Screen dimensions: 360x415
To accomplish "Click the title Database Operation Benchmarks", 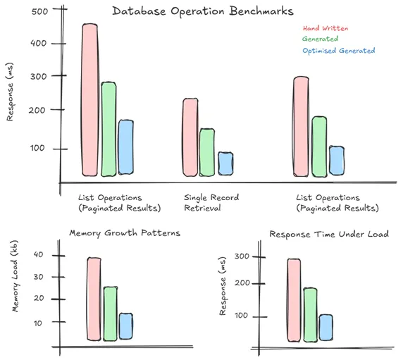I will point(203,12).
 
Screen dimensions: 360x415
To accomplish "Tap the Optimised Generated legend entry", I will point(337,51).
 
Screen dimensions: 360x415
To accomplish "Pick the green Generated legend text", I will point(319,39).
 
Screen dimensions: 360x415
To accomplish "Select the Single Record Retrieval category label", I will point(211,203).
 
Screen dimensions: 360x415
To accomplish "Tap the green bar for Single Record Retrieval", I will point(206,152).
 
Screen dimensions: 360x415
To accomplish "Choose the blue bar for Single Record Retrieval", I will point(225,163).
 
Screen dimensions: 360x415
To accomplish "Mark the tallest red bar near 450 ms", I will point(89,99).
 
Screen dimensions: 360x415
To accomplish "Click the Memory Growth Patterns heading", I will point(123,233).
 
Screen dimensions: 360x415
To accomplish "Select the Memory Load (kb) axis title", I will point(15,276).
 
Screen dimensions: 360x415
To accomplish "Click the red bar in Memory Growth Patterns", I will point(94,299).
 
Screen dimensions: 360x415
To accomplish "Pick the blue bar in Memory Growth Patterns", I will point(125,326).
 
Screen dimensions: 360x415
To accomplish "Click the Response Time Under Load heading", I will point(328,234).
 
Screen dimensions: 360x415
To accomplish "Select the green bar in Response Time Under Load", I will point(309,315).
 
